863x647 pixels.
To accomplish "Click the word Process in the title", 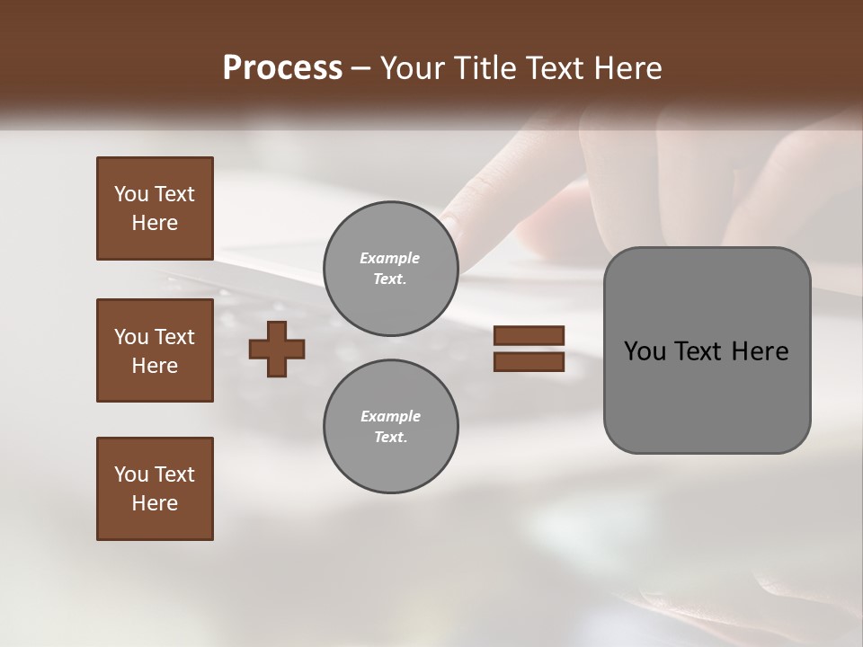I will click(282, 68).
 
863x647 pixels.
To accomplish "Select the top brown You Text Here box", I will click(155, 208).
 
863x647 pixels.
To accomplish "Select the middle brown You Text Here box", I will click(155, 350).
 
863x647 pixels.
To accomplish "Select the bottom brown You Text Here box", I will click(155, 489).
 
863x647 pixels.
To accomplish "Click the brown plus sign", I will click(276, 349).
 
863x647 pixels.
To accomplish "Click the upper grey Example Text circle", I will click(390, 269).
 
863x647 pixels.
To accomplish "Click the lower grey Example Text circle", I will click(390, 427).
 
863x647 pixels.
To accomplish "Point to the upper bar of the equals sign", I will click(529, 335).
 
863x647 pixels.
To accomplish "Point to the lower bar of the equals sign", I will click(529, 362).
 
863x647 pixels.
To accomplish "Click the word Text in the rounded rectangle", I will click(702, 351).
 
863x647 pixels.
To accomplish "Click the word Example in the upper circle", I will click(390, 258).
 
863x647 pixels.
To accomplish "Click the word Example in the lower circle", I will click(390, 416).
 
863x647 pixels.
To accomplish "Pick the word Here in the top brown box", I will click(155, 223).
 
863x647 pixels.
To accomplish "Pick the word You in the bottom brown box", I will click(131, 474).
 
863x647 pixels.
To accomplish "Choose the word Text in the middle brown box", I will click(174, 337).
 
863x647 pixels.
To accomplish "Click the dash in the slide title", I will click(360, 69).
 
